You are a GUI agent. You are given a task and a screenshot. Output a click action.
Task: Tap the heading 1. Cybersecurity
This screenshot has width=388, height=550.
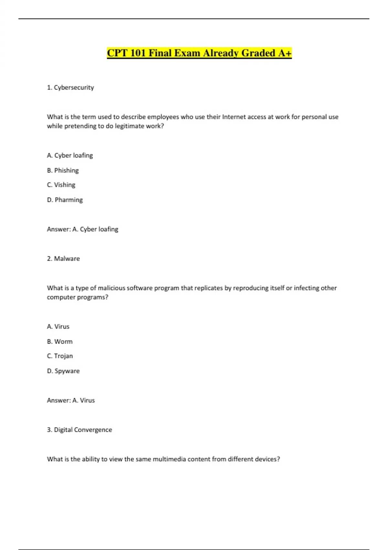point(70,87)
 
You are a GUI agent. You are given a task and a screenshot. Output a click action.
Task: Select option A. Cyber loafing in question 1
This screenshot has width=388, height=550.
point(70,155)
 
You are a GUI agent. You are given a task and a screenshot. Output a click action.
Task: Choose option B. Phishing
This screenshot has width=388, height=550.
point(63,170)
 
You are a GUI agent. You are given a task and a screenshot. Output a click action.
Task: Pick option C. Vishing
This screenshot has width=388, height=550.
point(61,185)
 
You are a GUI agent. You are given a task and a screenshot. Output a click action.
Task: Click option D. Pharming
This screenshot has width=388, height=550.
point(65,200)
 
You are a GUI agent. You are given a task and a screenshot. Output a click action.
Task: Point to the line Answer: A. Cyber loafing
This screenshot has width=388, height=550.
point(82,229)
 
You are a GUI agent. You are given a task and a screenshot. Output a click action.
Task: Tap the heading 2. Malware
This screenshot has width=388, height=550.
point(63,258)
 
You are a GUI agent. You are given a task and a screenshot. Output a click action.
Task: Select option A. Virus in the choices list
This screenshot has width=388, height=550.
point(58,326)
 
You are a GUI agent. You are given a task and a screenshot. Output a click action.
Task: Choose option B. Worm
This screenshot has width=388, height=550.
point(60,341)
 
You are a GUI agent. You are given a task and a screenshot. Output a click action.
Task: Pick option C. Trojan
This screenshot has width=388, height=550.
point(60,356)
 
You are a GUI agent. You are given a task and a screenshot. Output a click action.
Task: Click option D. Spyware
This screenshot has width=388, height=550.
point(63,371)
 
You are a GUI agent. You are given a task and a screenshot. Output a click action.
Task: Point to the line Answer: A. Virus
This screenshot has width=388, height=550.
point(71,400)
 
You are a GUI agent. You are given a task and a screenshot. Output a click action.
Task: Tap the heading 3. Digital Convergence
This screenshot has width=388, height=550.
point(80,430)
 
